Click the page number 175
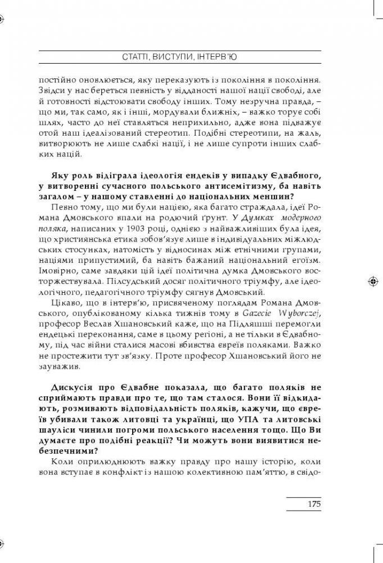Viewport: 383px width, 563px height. click(x=313, y=504)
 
